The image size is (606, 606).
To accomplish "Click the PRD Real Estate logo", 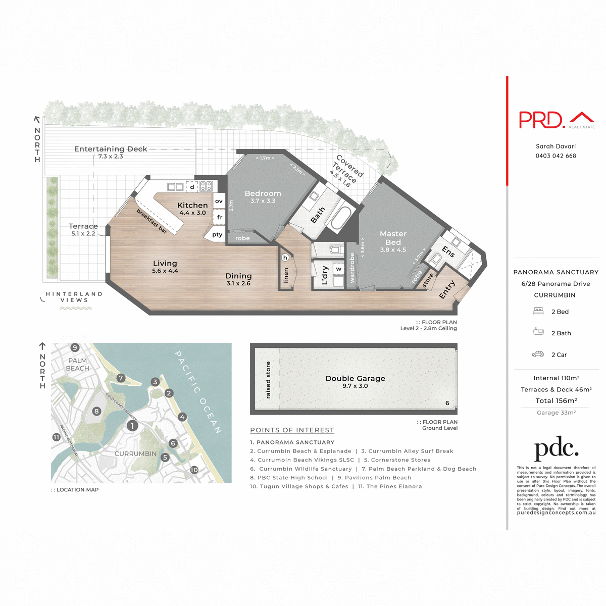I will [557, 120].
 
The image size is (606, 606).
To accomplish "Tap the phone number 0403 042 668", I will [555, 156].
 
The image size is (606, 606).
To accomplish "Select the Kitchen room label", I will [192, 205].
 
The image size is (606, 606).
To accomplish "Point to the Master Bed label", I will [393, 238].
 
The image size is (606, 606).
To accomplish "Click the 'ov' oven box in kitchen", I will [219, 201].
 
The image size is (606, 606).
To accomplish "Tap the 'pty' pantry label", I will [217, 234].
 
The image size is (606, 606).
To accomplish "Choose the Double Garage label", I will [355, 378].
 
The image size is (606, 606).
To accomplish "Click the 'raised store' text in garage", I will [268, 380].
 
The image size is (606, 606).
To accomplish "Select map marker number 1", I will [132, 426].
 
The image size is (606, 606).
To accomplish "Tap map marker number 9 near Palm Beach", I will [75, 347].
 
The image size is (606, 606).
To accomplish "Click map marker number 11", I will [57, 437].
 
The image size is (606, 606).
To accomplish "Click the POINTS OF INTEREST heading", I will [292, 430].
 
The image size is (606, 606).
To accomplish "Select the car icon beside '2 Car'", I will [538, 355].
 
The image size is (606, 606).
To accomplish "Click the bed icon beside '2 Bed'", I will [538, 311].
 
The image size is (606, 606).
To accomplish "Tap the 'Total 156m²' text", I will [556, 400].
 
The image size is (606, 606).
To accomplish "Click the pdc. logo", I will [556, 448].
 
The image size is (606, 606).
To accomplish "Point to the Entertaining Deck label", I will [111, 149].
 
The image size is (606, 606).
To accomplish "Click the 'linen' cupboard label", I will [286, 275].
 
